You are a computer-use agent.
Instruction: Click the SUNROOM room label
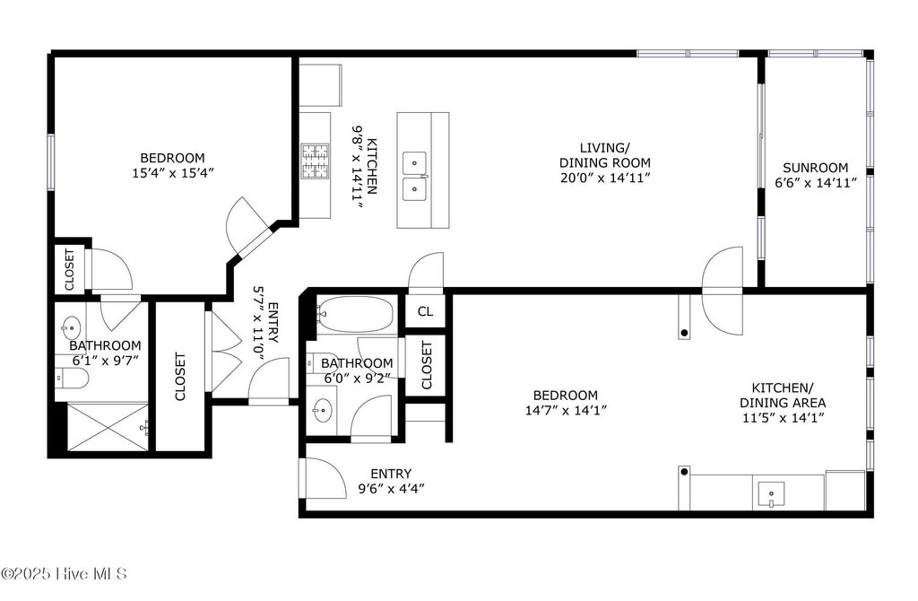click(x=815, y=167)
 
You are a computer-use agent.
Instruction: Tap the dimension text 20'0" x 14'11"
click(x=605, y=178)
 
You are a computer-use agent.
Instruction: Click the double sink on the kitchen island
click(x=414, y=175)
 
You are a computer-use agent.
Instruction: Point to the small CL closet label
click(x=425, y=311)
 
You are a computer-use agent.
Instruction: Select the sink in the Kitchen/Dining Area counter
click(x=771, y=493)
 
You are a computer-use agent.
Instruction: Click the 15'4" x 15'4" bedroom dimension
click(x=173, y=172)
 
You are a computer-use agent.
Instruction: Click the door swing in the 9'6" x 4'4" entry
click(x=325, y=478)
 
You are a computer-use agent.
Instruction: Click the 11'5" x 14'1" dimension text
click(x=783, y=418)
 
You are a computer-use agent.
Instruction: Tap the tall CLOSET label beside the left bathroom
click(x=180, y=376)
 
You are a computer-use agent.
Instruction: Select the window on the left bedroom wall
click(x=51, y=161)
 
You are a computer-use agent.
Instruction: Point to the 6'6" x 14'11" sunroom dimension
click(x=815, y=182)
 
